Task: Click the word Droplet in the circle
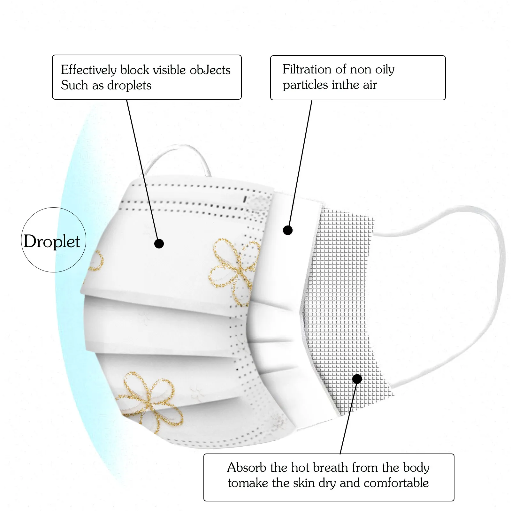[x=52, y=241]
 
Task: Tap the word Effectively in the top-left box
[x=89, y=70]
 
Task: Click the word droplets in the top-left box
[x=129, y=85]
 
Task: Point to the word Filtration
[x=307, y=69]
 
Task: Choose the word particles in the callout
[x=305, y=85]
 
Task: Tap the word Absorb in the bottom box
[x=247, y=468]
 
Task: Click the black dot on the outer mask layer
[x=159, y=244]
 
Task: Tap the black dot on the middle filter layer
[x=288, y=230]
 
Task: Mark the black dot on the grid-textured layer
[x=357, y=379]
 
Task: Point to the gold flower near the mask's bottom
[x=150, y=401]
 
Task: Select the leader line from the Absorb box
[x=348, y=418]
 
